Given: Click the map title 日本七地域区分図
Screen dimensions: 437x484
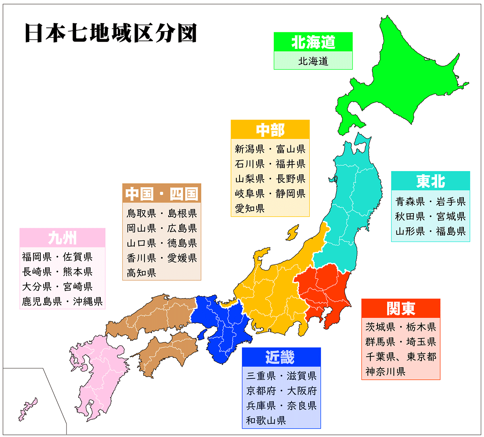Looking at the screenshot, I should [x=111, y=33].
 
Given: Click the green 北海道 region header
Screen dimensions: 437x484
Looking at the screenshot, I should [x=313, y=42].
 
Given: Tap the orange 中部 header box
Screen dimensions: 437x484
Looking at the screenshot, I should [x=270, y=130].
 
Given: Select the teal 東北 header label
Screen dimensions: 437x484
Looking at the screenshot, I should [x=430, y=181].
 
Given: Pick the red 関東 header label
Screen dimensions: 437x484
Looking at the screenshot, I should [x=401, y=309].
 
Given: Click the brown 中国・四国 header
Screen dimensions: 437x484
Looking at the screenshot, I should [x=161, y=194].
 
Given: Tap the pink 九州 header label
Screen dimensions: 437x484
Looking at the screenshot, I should [x=62, y=238].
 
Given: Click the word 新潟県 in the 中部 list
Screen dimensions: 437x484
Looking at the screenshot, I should [x=250, y=149].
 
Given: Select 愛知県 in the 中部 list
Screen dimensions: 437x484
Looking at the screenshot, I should [x=250, y=209].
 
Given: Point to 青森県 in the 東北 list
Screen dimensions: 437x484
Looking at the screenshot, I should [x=410, y=201].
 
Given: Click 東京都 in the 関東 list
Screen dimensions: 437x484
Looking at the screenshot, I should [x=421, y=357].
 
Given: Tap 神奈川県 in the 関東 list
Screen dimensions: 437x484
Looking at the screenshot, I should [x=385, y=372].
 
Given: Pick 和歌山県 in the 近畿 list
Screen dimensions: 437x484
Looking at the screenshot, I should [x=266, y=420].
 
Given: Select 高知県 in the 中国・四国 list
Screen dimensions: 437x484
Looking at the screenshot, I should [x=141, y=273].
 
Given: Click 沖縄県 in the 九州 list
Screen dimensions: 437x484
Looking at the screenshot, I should [x=88, y=301].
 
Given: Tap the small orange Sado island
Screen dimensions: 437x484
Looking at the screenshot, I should [x=292, y=233].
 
